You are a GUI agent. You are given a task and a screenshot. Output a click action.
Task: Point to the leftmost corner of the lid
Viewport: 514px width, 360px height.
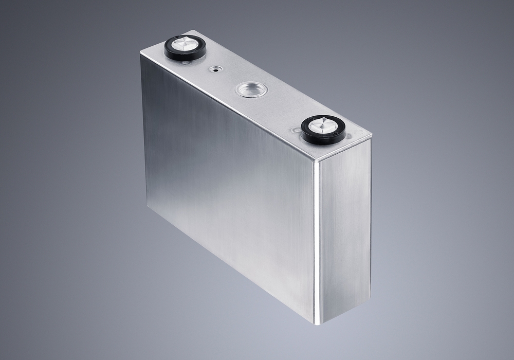pos(140,53)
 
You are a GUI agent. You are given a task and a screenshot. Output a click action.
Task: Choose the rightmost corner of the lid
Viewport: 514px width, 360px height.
pos(371,139)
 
